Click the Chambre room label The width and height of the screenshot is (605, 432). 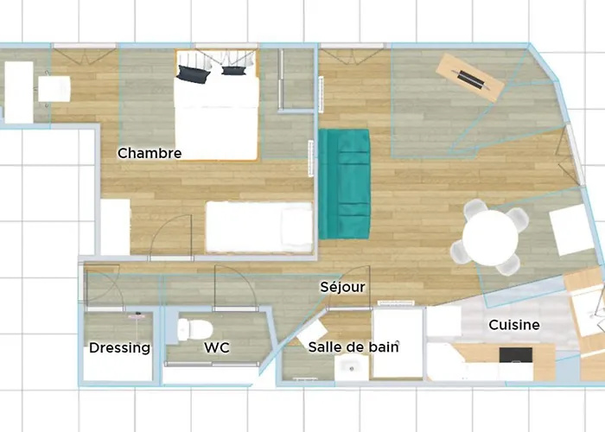pyautogui.click(x=150, y=154)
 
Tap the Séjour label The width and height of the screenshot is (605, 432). pyautogui.click(x=342, y=287)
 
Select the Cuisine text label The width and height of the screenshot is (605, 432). pyautogui.click(x=514, y=325)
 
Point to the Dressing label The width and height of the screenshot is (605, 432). pyautogui.click(x=119, y=348)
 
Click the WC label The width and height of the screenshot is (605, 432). pyautogui.click(x=216, y=348)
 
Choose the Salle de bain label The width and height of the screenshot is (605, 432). pyautogui.click(x=353, y=346)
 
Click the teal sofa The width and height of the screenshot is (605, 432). pyautogui.click(x=344, y=183)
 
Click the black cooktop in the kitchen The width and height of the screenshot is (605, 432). pyautogui.click(x=516, y=355)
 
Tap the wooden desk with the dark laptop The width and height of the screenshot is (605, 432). pyautogui.click(x=470, y=78)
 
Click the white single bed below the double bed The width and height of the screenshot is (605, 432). pyautogui.click(x=258, y=227)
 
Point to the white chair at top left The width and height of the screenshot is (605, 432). pyautogui.click(x=54, y=88)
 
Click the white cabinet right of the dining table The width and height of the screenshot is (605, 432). pyautogui.click(x=573, y=230)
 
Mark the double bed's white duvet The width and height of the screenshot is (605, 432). pyautogui.click(x=216, y=119)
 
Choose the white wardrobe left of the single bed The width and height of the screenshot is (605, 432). pyautogui.click(x=115, y=227)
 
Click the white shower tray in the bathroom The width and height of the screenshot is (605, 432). pyautogui.click(x=398, y=343)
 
